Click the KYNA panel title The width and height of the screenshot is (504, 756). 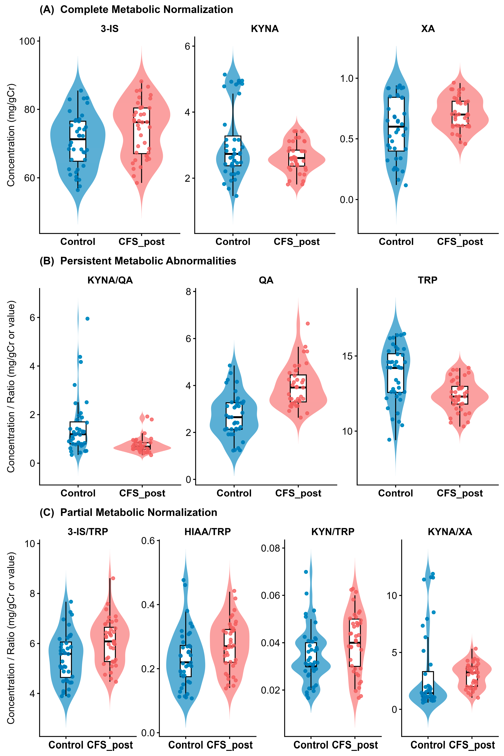(265, 29)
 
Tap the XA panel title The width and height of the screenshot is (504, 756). (428, 29)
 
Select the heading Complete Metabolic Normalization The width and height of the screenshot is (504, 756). (147, 10)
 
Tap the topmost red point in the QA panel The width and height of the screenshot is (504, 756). (308, 323)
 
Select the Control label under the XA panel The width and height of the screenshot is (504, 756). (396, 242)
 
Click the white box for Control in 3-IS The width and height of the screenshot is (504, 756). (78, 141)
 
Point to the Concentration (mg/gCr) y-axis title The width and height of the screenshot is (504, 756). (11, 135)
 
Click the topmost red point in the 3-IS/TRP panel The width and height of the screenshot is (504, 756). (113, 578)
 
